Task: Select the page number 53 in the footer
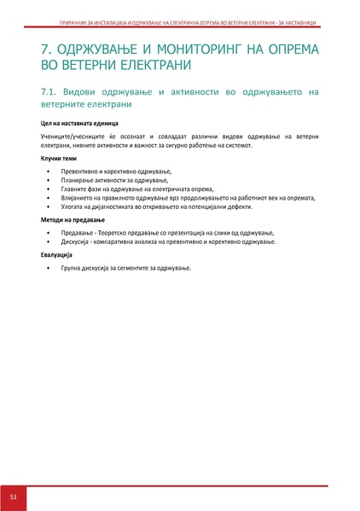tap(14, 496)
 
